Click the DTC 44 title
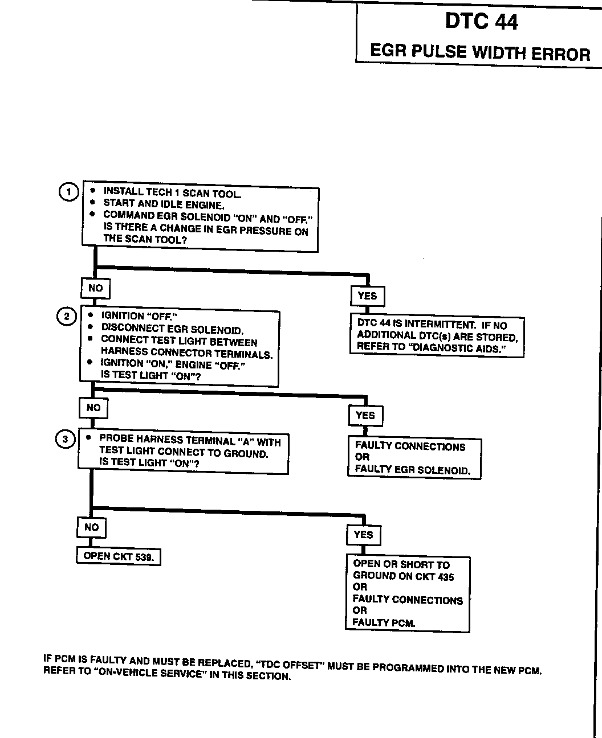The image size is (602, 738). click(x=481, y=22)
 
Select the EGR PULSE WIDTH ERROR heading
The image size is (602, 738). click(x=480, y=52)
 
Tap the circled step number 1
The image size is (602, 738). click(x=68, y=192)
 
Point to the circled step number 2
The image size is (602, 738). click(x=66, y=317)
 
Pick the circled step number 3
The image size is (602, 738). click(x=65, y=439)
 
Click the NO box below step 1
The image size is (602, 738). click(x=95, y=288)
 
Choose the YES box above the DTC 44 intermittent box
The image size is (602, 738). click(x=367, y=296)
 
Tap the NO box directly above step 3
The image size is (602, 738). click(x=93, y=408)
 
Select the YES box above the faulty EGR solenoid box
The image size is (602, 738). click(x=365, y=415)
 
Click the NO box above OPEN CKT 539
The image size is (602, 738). click(x=91, y=527)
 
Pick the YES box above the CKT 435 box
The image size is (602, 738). click(x=363, y=535)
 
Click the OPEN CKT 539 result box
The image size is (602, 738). click(x=119, y=556)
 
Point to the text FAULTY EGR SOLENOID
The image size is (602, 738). click(x=413, y=470)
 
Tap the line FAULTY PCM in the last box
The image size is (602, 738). click(x=384, y=622)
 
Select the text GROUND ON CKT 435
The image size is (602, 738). click(x=403, y=576)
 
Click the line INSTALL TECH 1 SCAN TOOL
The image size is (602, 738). click(x=172, y=192)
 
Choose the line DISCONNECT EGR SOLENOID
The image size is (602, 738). click(x=172, y=329)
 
